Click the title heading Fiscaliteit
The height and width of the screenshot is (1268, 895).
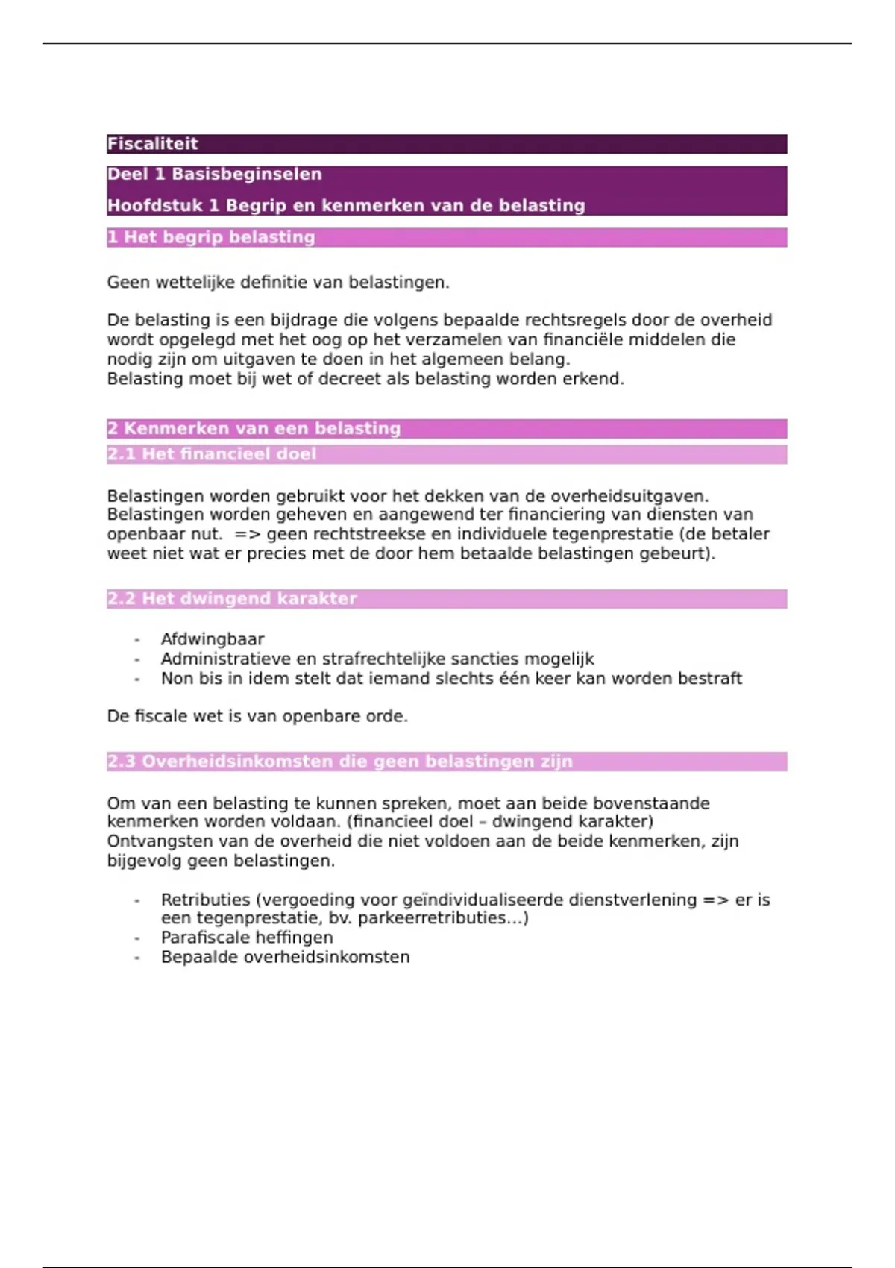pos(153,144)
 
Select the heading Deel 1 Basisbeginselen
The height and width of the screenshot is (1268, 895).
pos(215,175)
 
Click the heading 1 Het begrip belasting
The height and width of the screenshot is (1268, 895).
pos(211,237)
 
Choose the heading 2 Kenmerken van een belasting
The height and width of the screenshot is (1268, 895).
pos(254,429)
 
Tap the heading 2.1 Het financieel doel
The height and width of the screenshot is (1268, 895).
pos(212,454)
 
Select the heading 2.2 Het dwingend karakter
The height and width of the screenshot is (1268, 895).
pos(232,599)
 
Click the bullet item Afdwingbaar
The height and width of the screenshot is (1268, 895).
pos(213,639)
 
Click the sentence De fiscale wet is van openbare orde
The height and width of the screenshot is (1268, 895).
pos(257,716)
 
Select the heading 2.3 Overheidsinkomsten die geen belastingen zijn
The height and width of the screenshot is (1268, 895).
pos(340,762)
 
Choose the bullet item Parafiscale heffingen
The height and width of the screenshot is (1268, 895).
pos(247,938)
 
